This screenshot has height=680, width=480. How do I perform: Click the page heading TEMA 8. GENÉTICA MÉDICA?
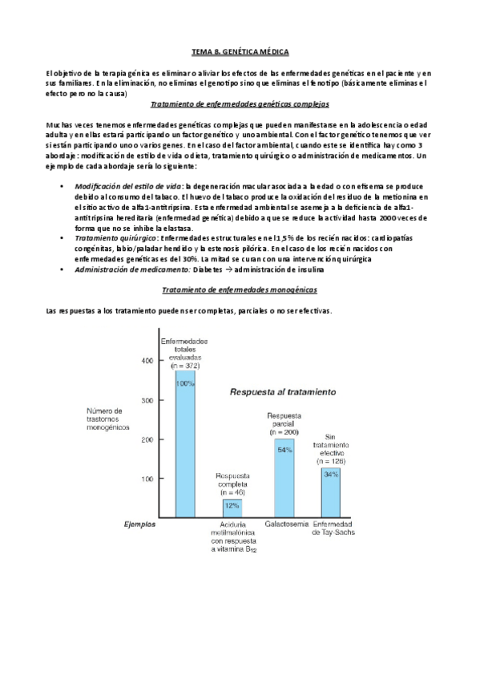pyautogui.click(x=240, y=51)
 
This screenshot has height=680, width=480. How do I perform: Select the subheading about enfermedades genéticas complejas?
pyautogui.click(x=240, y=105)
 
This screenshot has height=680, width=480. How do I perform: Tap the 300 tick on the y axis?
pyautogui.click(x=147, y=400)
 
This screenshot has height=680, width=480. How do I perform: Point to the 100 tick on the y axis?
pyautogui.click(x=147, y=479)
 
